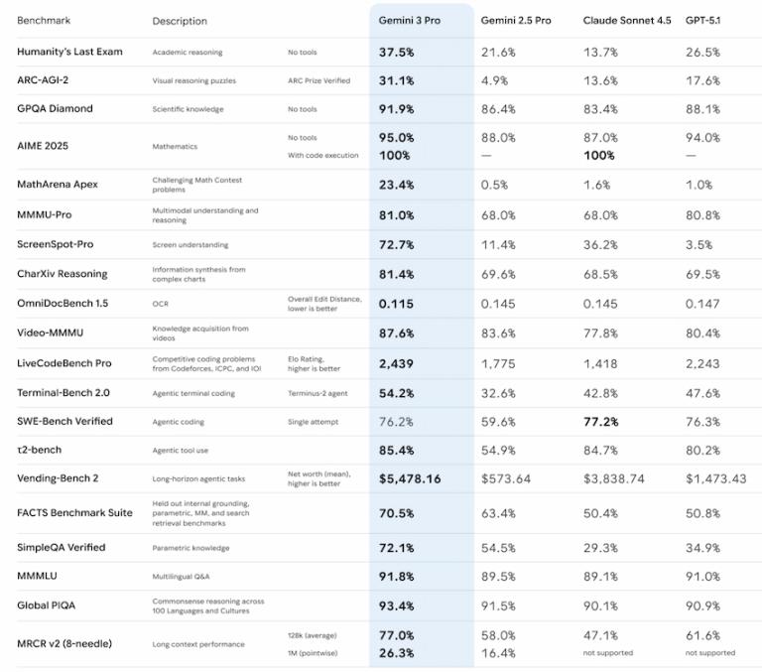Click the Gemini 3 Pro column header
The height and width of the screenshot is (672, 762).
409,20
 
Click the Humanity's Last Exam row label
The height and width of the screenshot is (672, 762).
69,52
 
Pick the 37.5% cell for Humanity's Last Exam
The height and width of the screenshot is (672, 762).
397,52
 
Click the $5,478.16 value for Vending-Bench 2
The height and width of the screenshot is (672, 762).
410,478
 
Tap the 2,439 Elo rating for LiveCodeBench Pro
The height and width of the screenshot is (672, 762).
397,364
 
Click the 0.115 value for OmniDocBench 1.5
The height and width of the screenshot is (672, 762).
396,304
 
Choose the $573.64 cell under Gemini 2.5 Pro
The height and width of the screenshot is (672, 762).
505,478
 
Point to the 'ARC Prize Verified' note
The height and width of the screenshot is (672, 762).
318,80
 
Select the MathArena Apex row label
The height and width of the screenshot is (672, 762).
58,184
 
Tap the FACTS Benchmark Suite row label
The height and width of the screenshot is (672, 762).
74,513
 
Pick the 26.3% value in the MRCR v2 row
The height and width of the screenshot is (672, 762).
397,652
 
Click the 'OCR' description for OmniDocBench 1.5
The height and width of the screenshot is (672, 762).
161,304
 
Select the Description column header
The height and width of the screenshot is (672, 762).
180,21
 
